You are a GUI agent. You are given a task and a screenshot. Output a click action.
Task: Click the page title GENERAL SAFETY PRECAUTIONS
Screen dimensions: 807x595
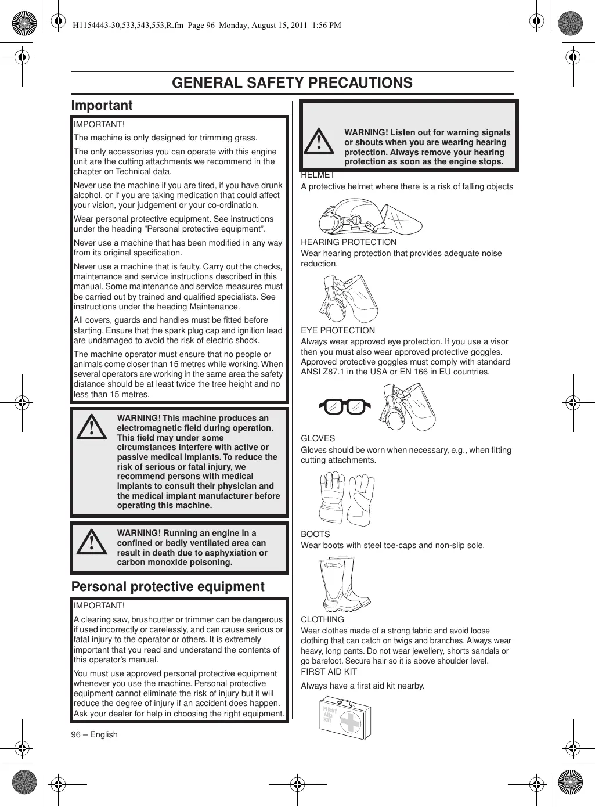tap(292, 83)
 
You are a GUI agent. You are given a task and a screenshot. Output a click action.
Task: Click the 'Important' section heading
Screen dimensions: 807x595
tap(102, 106)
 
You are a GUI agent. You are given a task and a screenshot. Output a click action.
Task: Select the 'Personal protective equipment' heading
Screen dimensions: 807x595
tap(168, 587)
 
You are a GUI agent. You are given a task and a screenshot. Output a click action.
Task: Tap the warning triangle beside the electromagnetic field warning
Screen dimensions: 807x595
tap(92, 429)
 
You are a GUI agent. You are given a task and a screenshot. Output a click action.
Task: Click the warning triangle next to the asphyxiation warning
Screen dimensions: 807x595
tap(92, 543)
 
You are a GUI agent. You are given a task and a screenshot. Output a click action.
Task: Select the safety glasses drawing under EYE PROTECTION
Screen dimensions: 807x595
tap(344, 407)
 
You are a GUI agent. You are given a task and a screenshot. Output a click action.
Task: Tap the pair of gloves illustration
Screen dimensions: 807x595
tap(347, 498)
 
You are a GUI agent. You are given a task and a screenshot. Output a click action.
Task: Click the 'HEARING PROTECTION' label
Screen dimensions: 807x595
tap(348, 242)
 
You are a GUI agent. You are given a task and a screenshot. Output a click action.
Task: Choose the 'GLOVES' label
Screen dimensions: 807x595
tap(318, 438)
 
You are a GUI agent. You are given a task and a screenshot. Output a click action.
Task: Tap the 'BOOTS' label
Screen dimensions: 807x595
tap(315, 534)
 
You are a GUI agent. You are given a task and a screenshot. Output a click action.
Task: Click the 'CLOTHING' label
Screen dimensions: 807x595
tap(322, 619)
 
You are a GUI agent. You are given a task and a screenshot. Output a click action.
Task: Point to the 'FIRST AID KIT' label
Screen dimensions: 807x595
tap(329, 672)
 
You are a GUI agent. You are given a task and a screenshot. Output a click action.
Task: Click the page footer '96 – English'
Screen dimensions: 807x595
tap(94, 734)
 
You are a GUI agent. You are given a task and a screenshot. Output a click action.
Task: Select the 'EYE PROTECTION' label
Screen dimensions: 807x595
tap(338, 330)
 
